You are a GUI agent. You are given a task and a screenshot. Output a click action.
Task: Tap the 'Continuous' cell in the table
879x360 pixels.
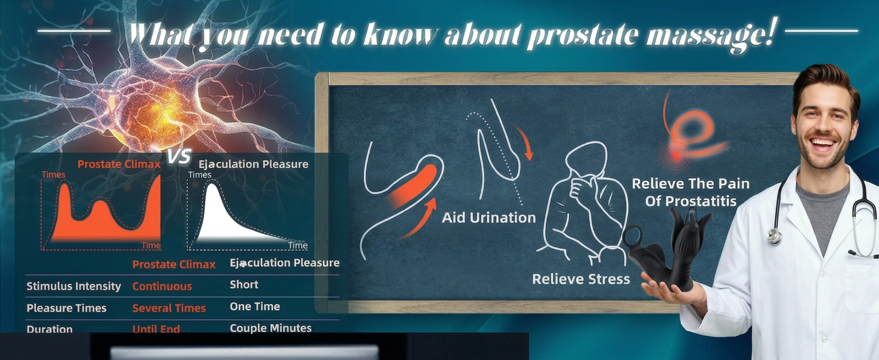coord(162,286)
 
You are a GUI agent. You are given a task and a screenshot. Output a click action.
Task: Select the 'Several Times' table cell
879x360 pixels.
coord(169,308)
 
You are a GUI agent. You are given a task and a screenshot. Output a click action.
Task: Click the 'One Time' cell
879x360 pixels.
coord(255,306)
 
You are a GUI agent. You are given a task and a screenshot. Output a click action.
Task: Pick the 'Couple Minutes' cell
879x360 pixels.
coord(271,328)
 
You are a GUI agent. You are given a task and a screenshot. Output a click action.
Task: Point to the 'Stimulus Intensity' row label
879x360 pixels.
coord(74,286)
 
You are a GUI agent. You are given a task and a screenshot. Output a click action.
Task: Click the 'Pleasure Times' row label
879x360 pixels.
coord(66,308)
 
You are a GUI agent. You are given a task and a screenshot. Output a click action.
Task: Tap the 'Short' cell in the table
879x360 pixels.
coord(244,284)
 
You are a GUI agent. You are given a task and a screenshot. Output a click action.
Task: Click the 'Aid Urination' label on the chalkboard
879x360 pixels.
coord(489,218)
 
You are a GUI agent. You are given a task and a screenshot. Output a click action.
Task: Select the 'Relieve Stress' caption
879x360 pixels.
coord(581,279)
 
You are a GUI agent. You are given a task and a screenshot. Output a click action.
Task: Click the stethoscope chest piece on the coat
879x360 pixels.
coord(774,237)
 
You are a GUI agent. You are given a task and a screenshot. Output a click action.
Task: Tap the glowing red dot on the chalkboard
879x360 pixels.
coord(676,154)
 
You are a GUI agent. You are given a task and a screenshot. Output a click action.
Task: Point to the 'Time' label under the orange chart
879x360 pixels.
coord(151,245)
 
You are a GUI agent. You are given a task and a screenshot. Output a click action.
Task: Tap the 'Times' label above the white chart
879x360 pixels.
coord(200,175)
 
